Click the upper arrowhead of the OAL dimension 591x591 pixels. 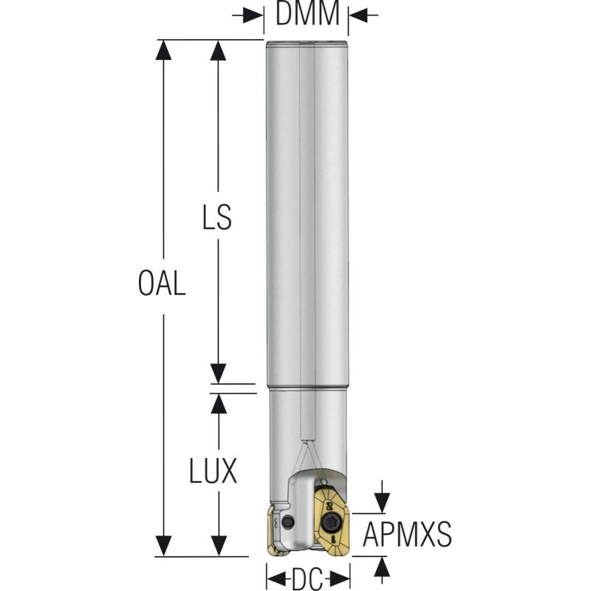click(163, 50)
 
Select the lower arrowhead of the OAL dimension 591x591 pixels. click(163, 546)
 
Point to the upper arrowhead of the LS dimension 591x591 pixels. click(218, 50)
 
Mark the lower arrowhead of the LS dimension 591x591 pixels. click(218, 374)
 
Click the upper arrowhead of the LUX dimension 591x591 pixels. click(218, 403)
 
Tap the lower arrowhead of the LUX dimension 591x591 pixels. click(218, 546)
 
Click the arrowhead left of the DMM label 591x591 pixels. click(255, 15)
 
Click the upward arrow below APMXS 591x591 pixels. click(381, 567)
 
